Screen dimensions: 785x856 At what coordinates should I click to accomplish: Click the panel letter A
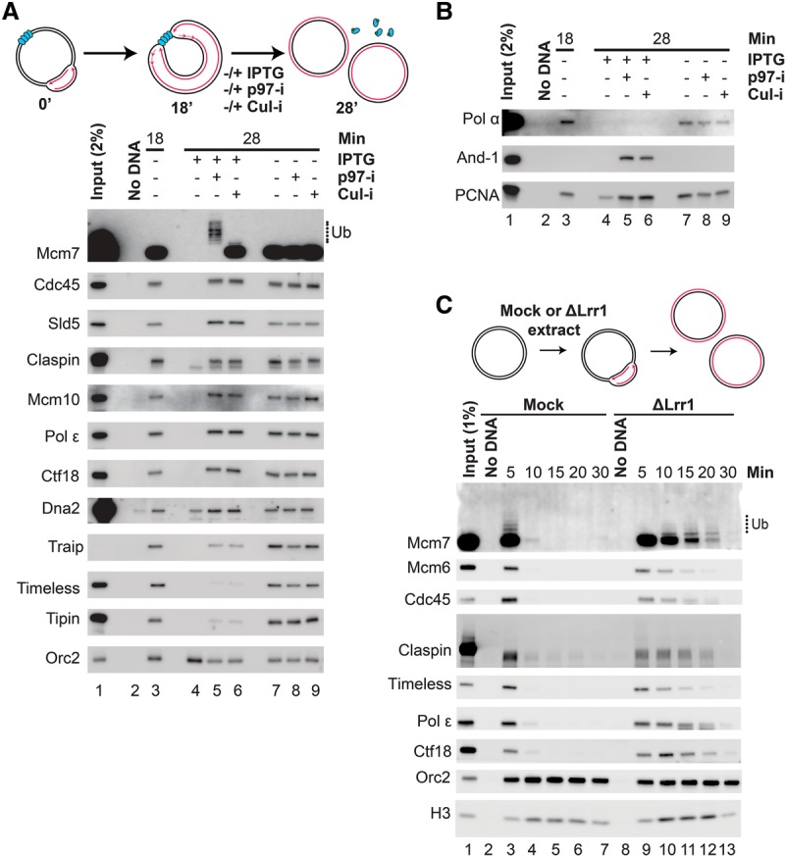(x=11, y=11)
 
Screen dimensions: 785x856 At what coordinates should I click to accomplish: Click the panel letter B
(x=445, y=11)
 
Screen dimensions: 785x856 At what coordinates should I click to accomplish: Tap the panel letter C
(x=445, y=305)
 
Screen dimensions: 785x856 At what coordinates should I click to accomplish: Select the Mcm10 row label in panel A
(x=54, y=400)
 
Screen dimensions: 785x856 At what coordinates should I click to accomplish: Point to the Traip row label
(x=66, y=546)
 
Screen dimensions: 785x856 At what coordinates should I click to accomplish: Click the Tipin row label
(x=63, y=619)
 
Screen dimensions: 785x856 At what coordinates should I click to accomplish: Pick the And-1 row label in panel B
(x=478, y=158)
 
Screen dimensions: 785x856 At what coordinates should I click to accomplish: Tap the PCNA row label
(x=477, y=195)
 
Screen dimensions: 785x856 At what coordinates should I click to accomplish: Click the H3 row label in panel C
(x=440, y=814)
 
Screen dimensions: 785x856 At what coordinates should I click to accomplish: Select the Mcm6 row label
(x=429, y=568)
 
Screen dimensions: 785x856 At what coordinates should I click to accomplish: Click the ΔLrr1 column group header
(x=673, y=405)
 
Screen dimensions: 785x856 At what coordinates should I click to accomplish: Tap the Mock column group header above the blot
(x=543, y=405)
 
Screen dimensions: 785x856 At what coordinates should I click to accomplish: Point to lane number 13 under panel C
(x=730, y=848)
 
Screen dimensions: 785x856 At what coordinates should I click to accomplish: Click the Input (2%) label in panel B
(x=507, y=61)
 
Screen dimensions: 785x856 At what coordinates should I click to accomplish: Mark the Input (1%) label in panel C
(x=470, y=439)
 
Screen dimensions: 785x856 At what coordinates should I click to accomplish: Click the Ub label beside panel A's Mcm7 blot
(x=340, y=232)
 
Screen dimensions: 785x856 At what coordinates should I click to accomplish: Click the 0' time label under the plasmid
(x=45, y=104)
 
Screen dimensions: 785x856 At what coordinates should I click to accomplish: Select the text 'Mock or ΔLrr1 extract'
(x=553, y=321)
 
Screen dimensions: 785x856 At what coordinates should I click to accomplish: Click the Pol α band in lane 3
(x=566, y=123)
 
